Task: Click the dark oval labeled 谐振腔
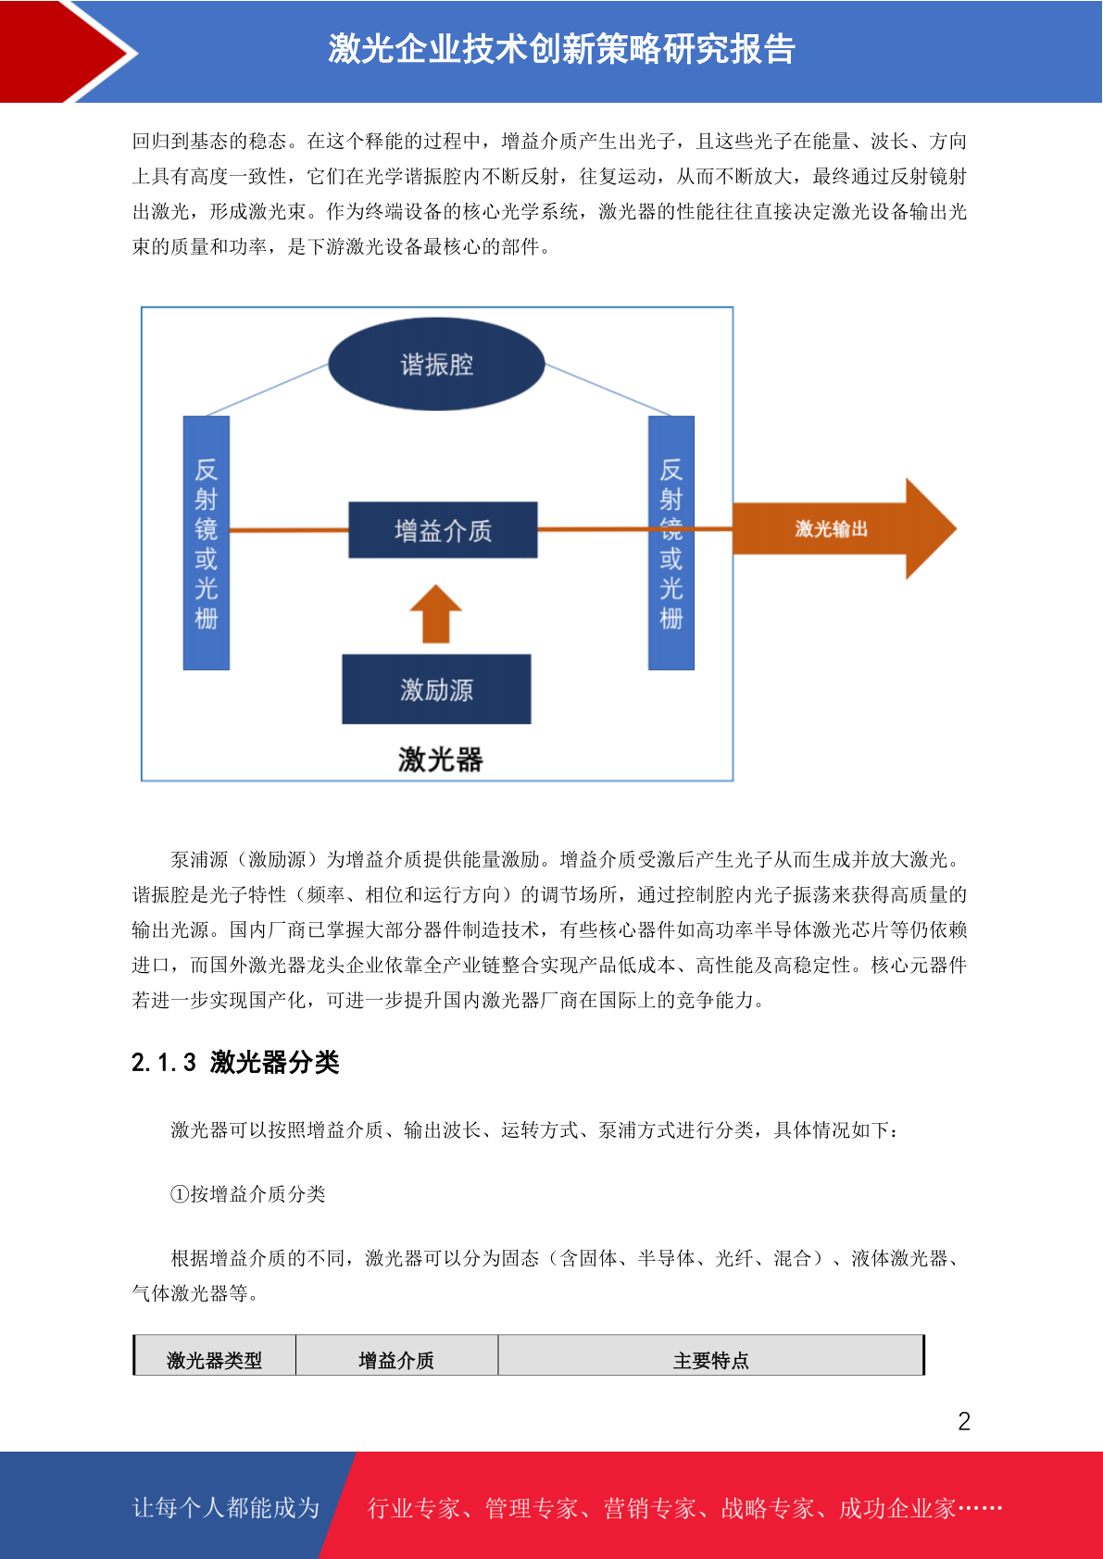(436, 364)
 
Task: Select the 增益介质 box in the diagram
(443, 530)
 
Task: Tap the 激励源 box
(436, 689)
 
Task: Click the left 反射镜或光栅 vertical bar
(207, 543)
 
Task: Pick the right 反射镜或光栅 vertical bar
(671, 543)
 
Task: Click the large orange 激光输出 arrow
(844, 529)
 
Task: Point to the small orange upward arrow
(436, 613)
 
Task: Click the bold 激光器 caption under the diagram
(440, 759)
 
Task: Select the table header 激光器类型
(215, 1360)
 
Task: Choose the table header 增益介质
(396, 1360)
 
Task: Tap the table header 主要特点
(711, 1360)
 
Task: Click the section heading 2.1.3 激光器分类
(235, 1063)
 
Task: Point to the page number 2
(964, 1421)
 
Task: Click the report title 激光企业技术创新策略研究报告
(561, 49)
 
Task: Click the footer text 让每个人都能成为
(226, 1507)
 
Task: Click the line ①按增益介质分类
(248, 1194)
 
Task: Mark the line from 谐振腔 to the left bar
(268, 390)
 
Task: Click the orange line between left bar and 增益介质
(289, 530)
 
